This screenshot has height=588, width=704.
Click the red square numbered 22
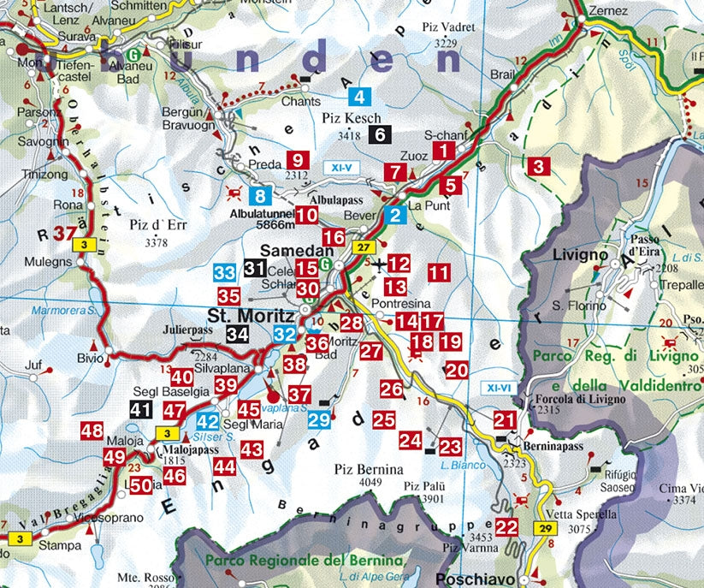[507, 526]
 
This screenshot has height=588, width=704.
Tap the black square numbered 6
[381, 134]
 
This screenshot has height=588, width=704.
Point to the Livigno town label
[579, 254]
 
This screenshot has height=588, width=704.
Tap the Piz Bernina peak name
[369, 470]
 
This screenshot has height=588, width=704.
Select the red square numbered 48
[92, 431]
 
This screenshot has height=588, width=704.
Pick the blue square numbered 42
[208, 421]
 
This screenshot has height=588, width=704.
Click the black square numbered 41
[141, 410]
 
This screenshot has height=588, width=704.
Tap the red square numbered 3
[537, 167]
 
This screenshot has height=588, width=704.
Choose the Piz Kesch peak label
[351, 118]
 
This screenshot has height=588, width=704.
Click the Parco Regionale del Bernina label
[303, 560]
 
